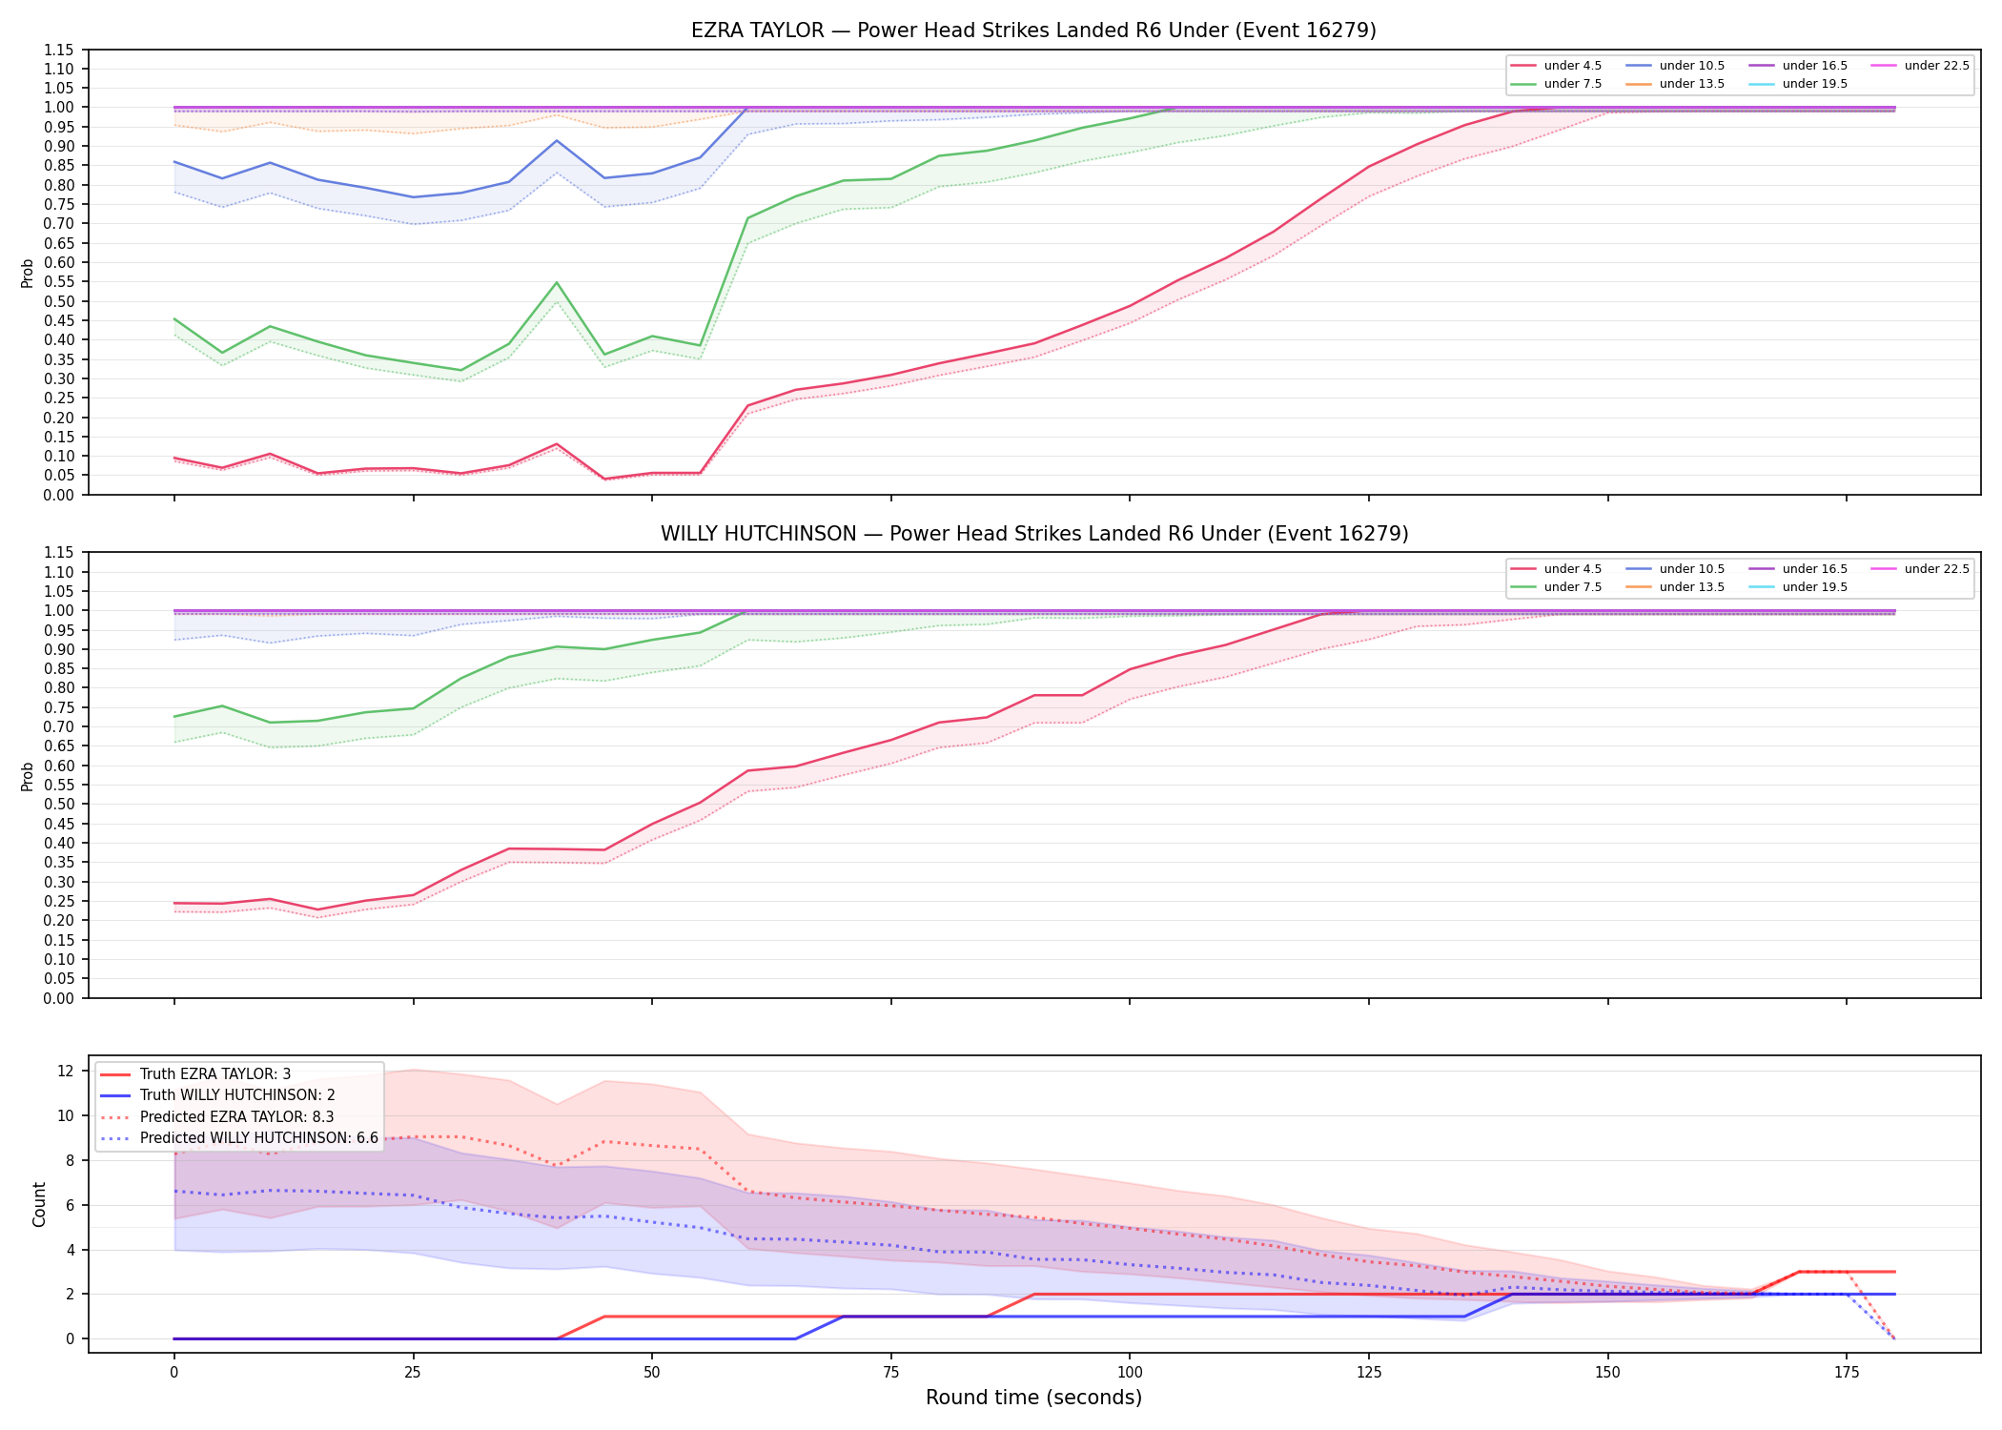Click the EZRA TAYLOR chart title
pyautogui.click(x=1033, y=31)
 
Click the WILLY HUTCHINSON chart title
pyautogui.click(x=1034, y=534)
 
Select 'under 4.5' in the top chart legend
pyautogui.click(x=1572, y=66)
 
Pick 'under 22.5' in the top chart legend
pyautogui.click(x=1936, y=66)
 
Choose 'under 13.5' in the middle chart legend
pyautogui.click(x=1691, y=587)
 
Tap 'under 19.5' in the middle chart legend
pyautogui.click(x=1814, y=587)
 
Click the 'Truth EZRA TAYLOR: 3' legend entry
pyautogui.click(x=214, y=1074)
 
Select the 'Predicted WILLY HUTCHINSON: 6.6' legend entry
pyautogui.click(x=258, y=1138)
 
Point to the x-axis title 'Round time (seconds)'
pyautogui.click(x=1033, y=1398)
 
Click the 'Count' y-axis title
pyautogui.click(x=39, y=1204)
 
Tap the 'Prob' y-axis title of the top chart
pyautogui.click(x=28, y=273)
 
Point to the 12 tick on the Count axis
pyautogui.click(x=66, y=1071)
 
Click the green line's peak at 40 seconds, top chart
pyautogui.click(x=557, y=282)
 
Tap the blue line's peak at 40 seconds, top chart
pyautogui.click(x=557, y=141)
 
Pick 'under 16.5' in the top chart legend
pyautogui.click(x=1814, y=66)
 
